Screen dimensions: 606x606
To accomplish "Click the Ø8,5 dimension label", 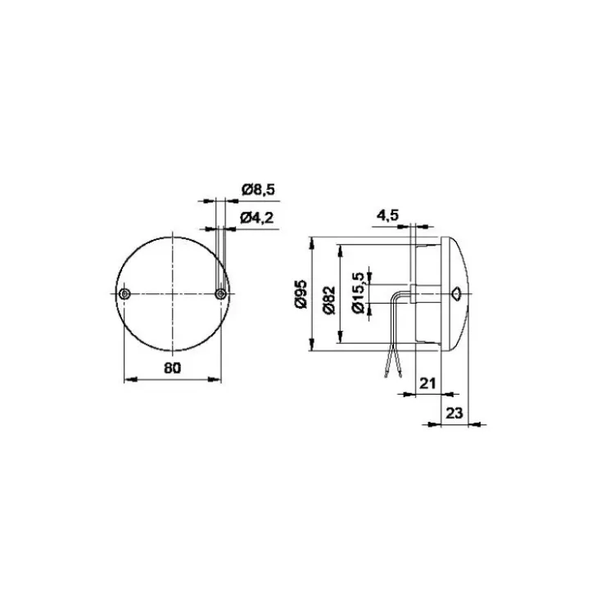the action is click(x=258, y=190).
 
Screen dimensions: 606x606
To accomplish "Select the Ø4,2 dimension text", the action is click(x=256, y=218).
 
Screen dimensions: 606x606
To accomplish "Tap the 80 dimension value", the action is click(x=172, y=368).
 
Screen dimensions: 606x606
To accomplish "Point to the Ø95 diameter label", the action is click(x=301, y=294).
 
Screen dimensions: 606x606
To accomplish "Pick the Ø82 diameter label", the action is click(x=329, y=301).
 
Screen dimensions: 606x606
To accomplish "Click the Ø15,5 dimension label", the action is click(x=358, y=293).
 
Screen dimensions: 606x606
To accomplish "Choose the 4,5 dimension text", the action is click(x=387, y=215).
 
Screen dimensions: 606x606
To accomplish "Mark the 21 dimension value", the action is click(x=427, y=383).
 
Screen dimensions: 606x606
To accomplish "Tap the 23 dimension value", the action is click(x=454, y=414).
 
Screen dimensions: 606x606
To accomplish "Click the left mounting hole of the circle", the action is click(x=124, y=294).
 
